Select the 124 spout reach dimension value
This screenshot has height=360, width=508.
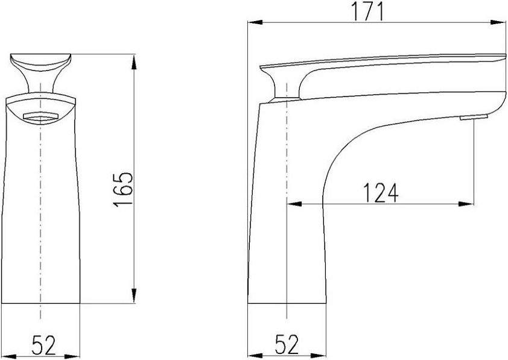pyautogui.click(x=380, y=192)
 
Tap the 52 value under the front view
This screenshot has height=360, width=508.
pyautogui.click(x=43, y=345)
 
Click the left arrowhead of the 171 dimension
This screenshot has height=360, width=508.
pyautogui.click(x=255, y=22)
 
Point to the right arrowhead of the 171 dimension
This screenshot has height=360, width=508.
pyautogui.click(x=498, y=22)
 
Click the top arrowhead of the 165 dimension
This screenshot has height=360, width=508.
pyautogui.click(x=134, y=62)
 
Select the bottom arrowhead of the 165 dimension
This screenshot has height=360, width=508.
pyautogui.click(x=134, y=295)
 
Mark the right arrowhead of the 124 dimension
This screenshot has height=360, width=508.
pyautogui.click(x=466, y=204)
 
